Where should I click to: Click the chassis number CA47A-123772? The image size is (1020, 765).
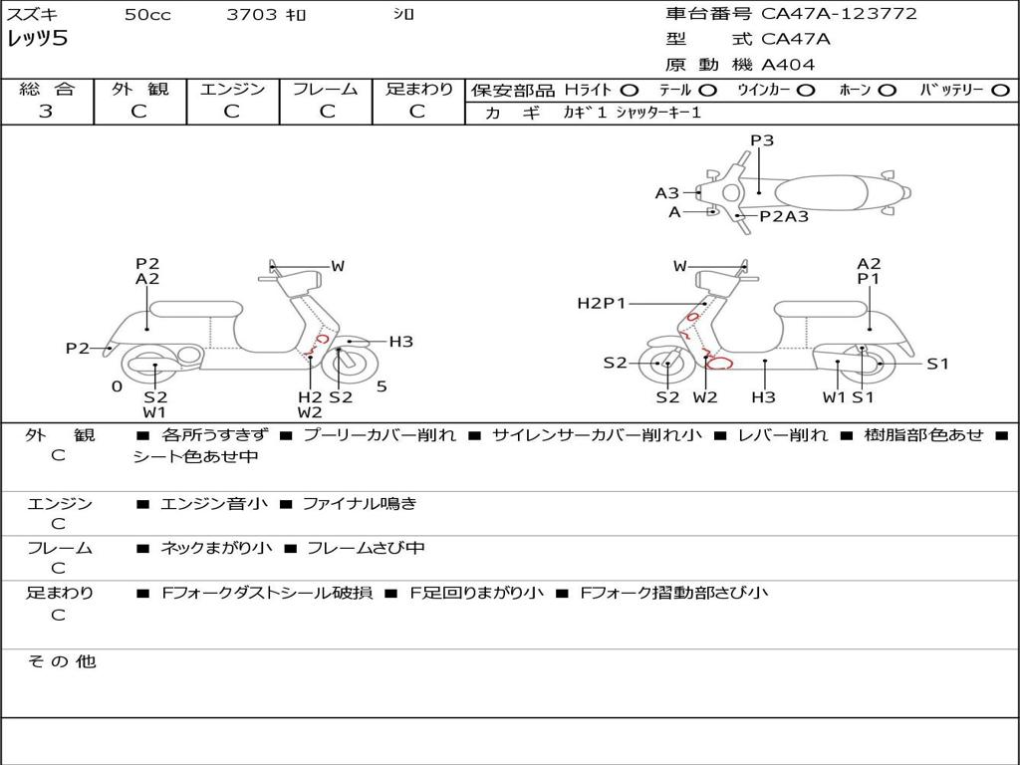tap(839, 13)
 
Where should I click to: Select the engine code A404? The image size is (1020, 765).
tap(788, 65)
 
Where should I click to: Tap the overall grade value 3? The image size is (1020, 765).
tap(46, 112)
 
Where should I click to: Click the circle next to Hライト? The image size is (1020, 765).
tap(630, 91)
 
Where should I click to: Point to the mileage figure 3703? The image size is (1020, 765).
tap(252, 14)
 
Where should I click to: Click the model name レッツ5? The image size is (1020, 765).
tap(37, 39)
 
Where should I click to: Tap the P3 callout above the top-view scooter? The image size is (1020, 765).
tap(762, 139)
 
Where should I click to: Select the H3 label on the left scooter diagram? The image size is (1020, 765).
tap(400, 342)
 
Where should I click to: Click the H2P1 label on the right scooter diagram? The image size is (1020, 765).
tap(601, 303)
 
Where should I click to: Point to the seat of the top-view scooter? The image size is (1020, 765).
tap(822, 192)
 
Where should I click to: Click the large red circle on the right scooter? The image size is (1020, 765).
tap(720, 363)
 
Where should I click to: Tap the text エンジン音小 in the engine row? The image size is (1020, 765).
tap(214, 503)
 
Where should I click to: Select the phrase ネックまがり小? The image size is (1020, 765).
tap(216, 549)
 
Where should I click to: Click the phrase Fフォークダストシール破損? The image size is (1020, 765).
tap(267, 593)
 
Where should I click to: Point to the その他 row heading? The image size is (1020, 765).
tap(62, 661)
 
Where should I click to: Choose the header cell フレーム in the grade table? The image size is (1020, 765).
tap(326, 89)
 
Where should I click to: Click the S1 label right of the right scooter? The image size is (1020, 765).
tap(937, 364)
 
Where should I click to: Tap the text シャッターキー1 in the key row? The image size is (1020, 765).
tap(658, 113)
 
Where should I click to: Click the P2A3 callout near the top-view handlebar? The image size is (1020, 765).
tap(784, 216)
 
